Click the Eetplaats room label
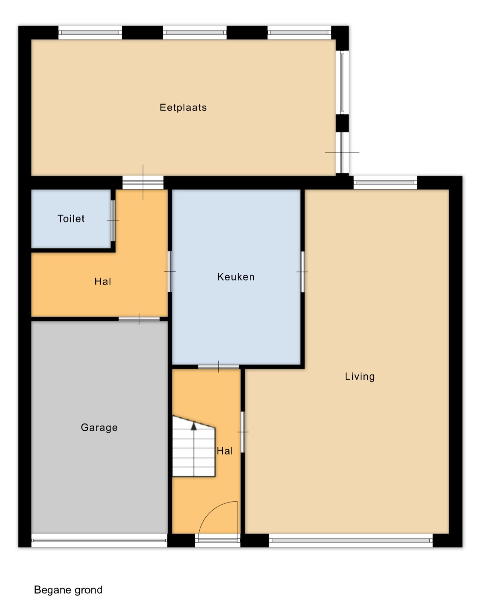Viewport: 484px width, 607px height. pyautogui.click(x=183, y=108)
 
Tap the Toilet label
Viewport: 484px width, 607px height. pyautogui.click(x=71, y=218)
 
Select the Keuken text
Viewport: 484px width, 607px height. pyautogui.click(x=236, y=277)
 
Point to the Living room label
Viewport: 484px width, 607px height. pyautogui.click(x=360, y=377)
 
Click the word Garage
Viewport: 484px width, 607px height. pyautogui.click(x=99, y=428)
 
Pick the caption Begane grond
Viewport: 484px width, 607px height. pyautogui.click(x=68, y=590)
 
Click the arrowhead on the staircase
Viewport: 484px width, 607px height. pyautogui.click(x=194, y=426)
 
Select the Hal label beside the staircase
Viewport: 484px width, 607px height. pyautogui.click(x=225, y=451)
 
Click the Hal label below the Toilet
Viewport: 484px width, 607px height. pyautogui.click(x=103, y=281)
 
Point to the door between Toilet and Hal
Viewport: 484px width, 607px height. pyautogui.click(x=113, y=221)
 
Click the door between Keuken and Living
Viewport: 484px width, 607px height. pyautogui.click(x=302, y=272)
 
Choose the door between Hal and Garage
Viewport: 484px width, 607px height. pyautogui.click(x=139, y=319)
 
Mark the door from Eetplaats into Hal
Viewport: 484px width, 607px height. pyautogui.click(x=143, y=182)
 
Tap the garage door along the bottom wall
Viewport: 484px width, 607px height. pyautogui.click(x=99, y=541)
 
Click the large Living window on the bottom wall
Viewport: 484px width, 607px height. pyautogui.click(x=351, y=541)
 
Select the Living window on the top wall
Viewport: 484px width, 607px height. pyautogui.click(x=385, y=182)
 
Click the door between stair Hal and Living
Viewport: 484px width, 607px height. pyautogui.click(x=243, y=432)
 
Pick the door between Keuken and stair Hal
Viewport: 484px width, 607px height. pyautogui.click(x=219, y=367)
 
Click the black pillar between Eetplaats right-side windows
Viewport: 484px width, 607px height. pyautogui.click(x=342, y=123)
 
